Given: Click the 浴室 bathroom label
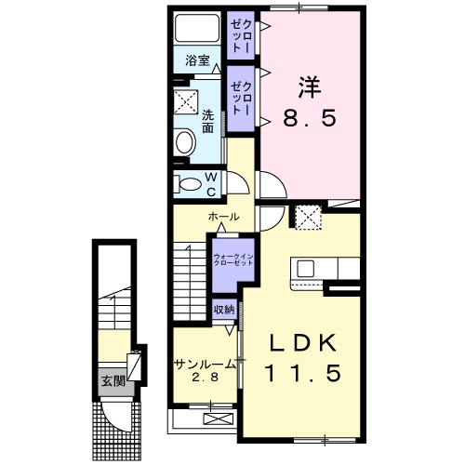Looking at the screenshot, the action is click(x=198, y=60).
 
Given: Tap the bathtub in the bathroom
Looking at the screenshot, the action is click(x=197, y=28).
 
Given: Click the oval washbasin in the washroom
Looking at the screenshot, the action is click(x=186, y=142).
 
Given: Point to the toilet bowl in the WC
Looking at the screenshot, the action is click(x=189, y=185).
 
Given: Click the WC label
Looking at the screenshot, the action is click(x=211, y=185).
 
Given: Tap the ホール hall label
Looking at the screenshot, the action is click(x=223, y=217).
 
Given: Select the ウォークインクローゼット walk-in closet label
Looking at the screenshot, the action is click(x=233, y=259).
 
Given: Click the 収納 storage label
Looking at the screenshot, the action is click(x=224, y=310).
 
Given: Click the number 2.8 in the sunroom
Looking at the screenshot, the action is click(x=206, y=378).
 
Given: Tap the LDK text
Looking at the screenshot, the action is click(x=304, y=343).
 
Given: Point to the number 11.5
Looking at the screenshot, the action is click(x=303, y=373).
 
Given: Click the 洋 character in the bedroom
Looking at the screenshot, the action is click(x=310, y=87).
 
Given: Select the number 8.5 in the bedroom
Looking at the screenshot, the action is click(x=310, y=118).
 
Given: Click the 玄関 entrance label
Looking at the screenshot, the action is click(x=113, y=381).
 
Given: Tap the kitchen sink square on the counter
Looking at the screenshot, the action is click(x=306, y=268).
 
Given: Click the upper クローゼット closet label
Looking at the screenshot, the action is click(x=241, y=35).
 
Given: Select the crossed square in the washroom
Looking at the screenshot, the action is click(x=186, y=101).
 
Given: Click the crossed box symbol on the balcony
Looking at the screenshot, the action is click(x=218, y=419).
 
